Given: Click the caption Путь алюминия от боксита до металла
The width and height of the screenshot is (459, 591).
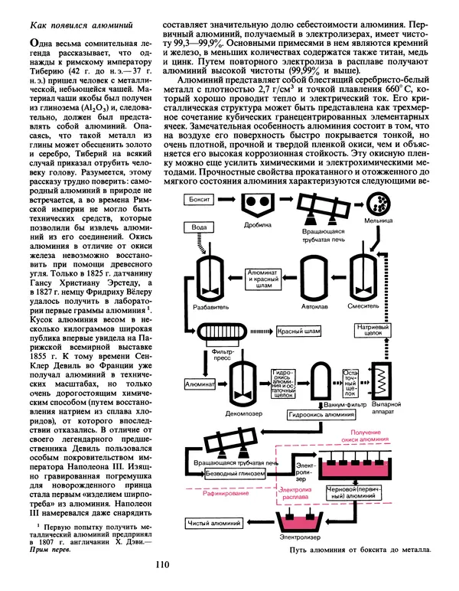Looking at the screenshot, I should click(x=362, y=550).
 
